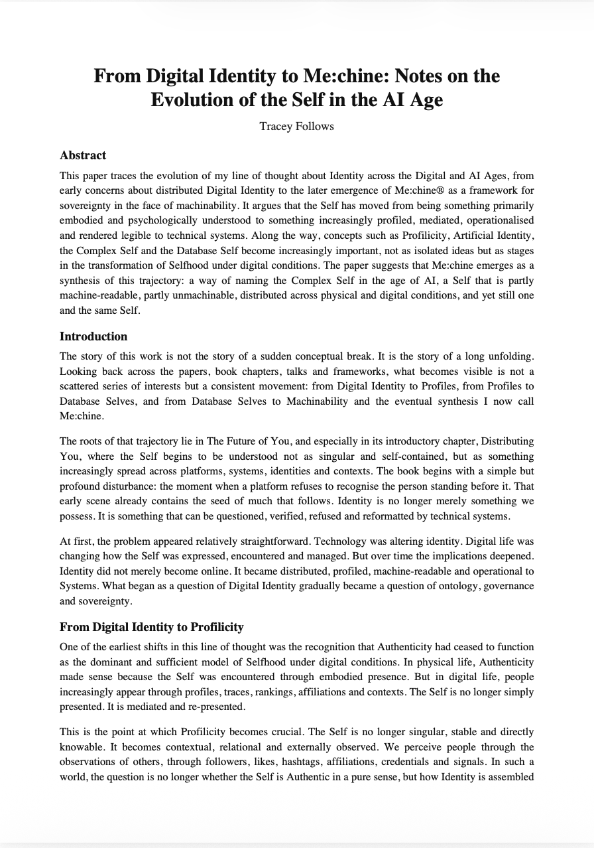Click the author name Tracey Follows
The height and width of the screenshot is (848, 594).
[x=296, y=126]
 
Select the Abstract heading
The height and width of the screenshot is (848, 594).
[x=83, y=155]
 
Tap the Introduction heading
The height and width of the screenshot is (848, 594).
[x=93, y=336]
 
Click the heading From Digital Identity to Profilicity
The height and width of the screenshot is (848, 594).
[x=151, y=626]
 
